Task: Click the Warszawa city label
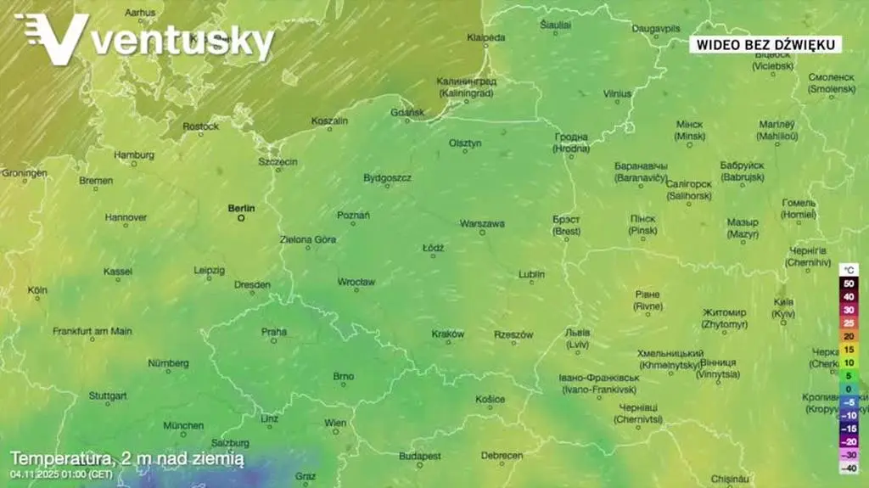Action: click(x=482, y=223)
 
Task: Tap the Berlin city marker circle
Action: click(x=241, y=218)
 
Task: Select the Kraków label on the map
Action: click(x=447, y=334)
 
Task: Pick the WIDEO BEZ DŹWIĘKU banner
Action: click(x=765, y=44)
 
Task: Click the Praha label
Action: click(x=274, y=331)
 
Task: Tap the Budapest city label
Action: click(x=420, y=456)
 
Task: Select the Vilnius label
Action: click(x=617, y=93)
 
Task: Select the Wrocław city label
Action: click(x=356, y=281)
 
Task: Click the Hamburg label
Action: click(x=134, y=155)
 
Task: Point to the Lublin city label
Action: click(x=531, y=274)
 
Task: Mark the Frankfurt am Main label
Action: click(x=93, y=331)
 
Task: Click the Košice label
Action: click(x=490, y=399)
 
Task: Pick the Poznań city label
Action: click(x=353, y=216)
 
